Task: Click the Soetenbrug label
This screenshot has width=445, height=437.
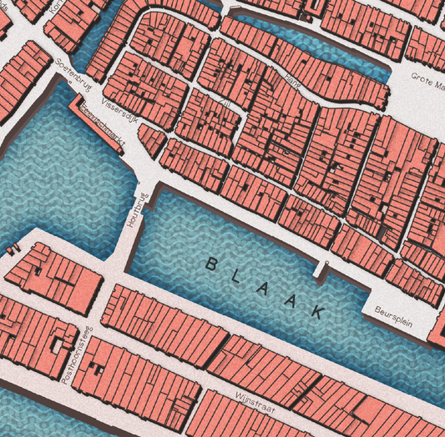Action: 71,73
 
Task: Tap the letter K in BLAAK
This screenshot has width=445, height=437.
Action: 318,311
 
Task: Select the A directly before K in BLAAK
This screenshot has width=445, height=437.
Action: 292,299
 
